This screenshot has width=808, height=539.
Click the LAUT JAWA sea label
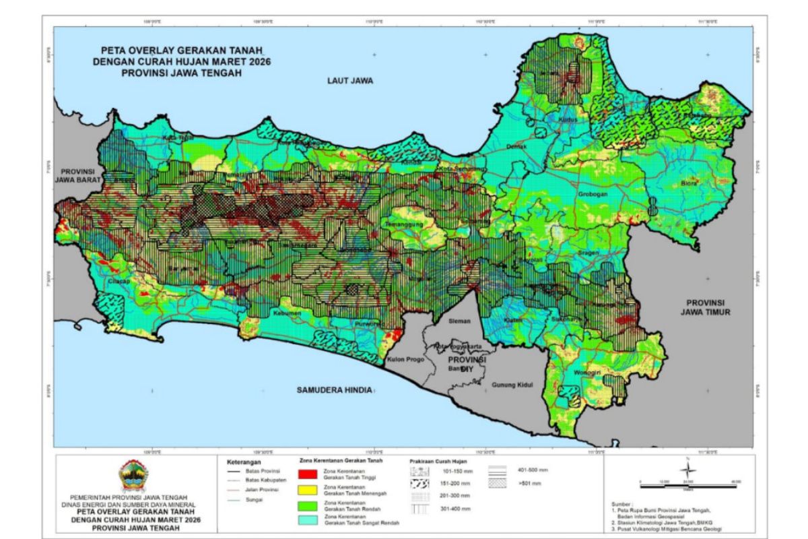[x=349, y=80]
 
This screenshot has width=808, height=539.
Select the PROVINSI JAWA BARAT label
[x=79, y=176]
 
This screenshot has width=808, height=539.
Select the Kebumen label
[x=286, y=313]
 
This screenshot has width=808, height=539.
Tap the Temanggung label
[x=403, y=223]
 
